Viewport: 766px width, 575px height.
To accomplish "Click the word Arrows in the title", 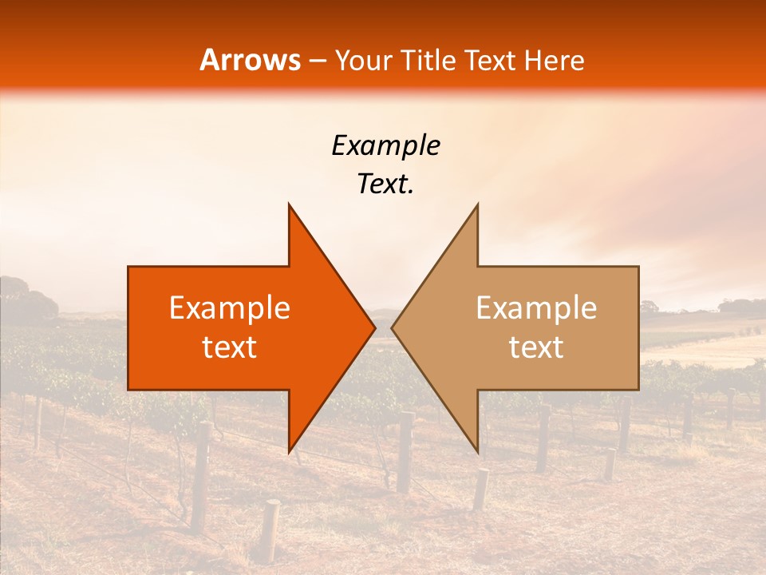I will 251,60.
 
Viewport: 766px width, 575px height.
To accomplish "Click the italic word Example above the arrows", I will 385,145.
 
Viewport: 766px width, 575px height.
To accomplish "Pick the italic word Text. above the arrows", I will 385,184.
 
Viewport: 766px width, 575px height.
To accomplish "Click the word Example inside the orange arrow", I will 230,308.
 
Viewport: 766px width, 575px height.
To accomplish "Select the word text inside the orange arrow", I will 230,347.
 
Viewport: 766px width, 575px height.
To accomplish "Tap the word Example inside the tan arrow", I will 536,308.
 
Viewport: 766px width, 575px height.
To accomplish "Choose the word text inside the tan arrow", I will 536,347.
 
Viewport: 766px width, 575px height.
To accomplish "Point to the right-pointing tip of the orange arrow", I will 374,327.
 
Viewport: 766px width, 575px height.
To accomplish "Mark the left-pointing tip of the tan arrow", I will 393,327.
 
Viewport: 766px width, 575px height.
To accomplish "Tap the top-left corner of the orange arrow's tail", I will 129,267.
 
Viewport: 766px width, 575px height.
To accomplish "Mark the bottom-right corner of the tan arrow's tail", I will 638,389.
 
